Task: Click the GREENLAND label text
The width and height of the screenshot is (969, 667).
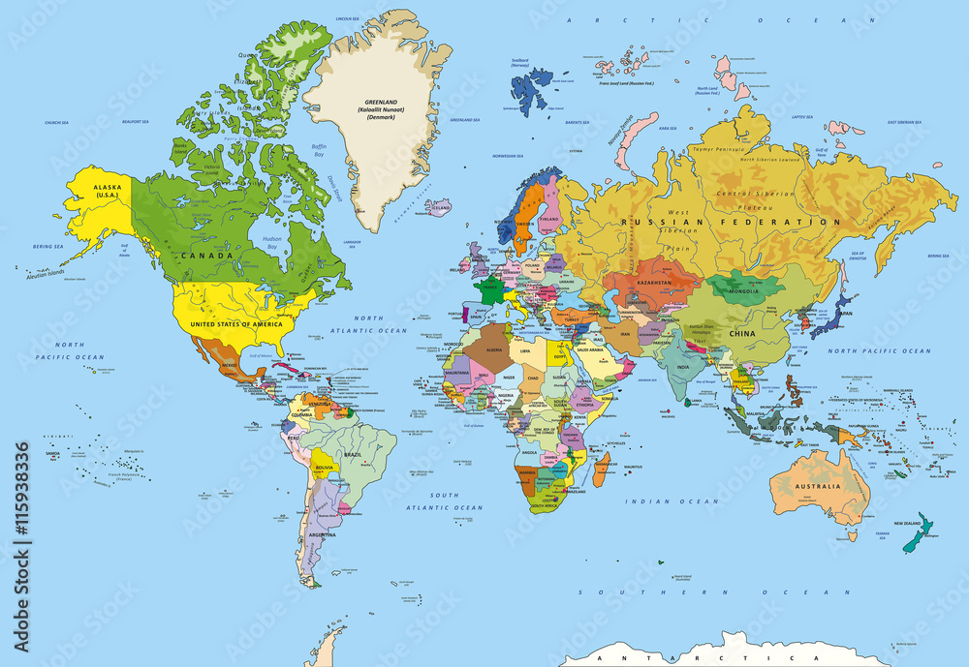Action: tap(381, 102)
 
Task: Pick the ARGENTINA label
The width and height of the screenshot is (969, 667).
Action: tap(323, 533)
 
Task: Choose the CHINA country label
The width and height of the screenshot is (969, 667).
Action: tap(741, 333)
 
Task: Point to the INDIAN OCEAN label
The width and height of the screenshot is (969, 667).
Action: tap(672, 501)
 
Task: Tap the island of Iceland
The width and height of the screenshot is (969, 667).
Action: tap(439, 207)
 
